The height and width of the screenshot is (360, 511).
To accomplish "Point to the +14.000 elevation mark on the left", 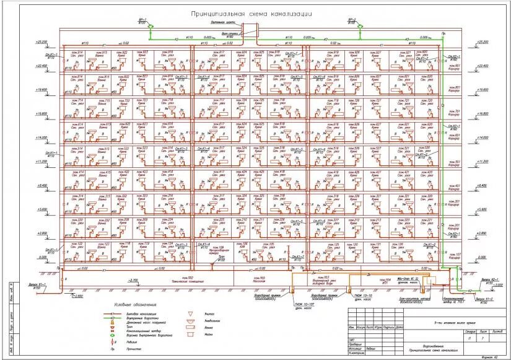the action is [x=41, y=137].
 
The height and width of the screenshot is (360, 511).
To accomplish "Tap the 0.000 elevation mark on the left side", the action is [x=41, y=257].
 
